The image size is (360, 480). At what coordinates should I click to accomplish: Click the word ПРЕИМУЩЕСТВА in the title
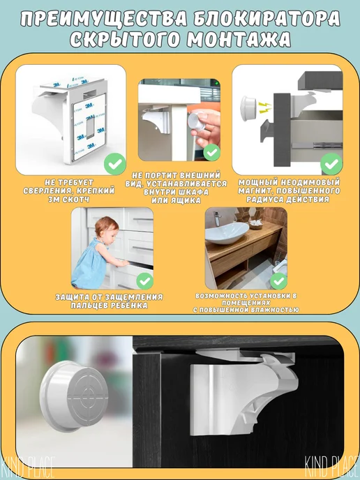(104, 20)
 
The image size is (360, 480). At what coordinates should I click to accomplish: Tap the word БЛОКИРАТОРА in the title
(267, 19)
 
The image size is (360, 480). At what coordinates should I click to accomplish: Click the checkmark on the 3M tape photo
(115, 164)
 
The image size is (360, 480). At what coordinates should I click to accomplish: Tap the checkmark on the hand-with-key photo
(212, 152)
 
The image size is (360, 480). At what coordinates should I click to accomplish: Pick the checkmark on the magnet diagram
(331, 164)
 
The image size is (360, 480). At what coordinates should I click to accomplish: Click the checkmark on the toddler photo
(145, 281)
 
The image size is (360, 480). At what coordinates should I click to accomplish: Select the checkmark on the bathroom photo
(278, 281)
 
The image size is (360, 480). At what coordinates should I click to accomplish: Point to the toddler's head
(106, 228)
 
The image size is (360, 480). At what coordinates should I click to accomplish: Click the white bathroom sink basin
(227, 232)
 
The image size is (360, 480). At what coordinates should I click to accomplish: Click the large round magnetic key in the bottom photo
(73, 396)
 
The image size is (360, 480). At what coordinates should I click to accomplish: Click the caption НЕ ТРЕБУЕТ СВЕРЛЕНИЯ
(69, 186)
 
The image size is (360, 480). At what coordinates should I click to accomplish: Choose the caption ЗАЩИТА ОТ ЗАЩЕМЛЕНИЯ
(110, 297)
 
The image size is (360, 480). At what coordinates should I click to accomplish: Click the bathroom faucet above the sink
(218, 217)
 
